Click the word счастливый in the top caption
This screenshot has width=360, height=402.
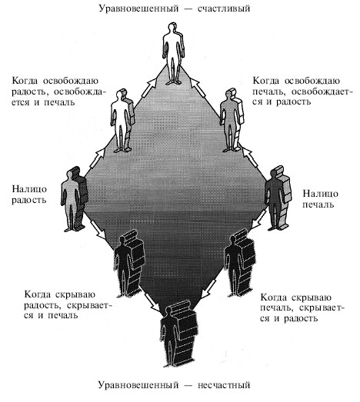pos(224,8)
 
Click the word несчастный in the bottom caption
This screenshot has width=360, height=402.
pos(224,385)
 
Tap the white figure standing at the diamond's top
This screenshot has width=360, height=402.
pos(173,53)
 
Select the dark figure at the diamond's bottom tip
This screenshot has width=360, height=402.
pos(178,334)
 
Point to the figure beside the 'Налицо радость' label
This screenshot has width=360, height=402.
pos(74,199)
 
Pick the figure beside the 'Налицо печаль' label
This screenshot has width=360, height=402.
pos(278,198)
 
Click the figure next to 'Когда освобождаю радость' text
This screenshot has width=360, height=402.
pos(122,121)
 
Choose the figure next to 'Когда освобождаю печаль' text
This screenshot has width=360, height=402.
pos(232,120)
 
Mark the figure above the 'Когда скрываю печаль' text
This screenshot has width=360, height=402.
pos(240,264)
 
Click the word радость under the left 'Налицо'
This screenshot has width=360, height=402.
pos(29,200)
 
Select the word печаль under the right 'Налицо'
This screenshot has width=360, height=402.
pos(318,204)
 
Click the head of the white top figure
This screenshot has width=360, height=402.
pos(172,28)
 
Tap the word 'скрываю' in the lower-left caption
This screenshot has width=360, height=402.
pos(75,295)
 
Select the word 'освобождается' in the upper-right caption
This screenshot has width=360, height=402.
pos(321,91)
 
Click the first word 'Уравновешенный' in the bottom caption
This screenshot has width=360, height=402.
pos(138,385)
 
